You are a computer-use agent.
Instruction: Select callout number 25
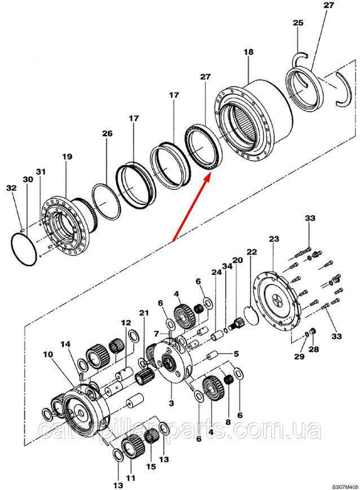coord(298,23)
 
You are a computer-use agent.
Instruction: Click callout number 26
coord(107,134)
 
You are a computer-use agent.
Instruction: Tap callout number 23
coord(274,239)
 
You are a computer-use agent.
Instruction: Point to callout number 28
coord(313,350)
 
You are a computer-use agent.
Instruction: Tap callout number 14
coord(65,344)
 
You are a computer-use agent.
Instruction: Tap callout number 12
coord(125,323)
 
